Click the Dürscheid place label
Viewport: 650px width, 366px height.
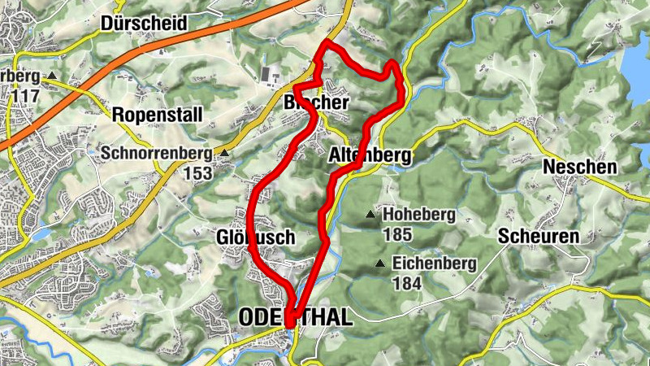point(145,24)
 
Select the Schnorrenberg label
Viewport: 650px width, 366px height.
point(156,152)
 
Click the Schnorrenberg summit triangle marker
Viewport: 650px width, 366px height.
point(224,152)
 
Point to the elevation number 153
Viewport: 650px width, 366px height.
point(197,172)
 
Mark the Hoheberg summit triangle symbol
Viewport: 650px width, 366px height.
point(370,216)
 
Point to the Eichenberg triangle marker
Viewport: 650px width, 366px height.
point(379,264)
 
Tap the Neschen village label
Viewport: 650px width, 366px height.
point(579,167)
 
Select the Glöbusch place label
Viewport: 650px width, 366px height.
point(255,237)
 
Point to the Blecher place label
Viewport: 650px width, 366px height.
point(316,103)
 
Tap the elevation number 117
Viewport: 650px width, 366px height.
point(26,95)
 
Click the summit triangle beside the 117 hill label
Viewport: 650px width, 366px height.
point(52,76)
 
